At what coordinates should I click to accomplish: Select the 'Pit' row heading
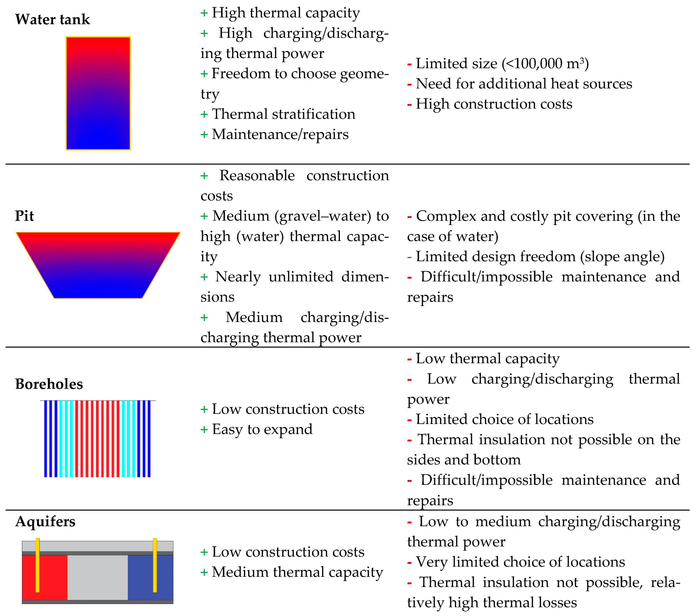[x=25, y=216]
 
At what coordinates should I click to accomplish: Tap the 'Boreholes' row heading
[x=49, y=384]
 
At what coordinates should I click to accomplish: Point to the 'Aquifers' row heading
[x=45, y=521]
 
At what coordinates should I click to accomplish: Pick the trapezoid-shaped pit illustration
[x=98, y=265]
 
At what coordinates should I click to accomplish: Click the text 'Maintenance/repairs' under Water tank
[x=280, y=134]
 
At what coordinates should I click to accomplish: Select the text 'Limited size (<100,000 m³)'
[x=502, y=63]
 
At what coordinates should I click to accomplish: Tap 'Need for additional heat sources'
[x=524, y=84]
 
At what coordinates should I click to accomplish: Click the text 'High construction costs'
[x=494, y=104]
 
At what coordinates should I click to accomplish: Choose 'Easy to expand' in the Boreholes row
[x=262, y=429]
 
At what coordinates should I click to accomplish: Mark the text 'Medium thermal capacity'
[x=297, y=572]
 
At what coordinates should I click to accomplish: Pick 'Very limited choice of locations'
[x=520, y=562]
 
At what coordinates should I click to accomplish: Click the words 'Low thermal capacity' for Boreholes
[x=487, y=358]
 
